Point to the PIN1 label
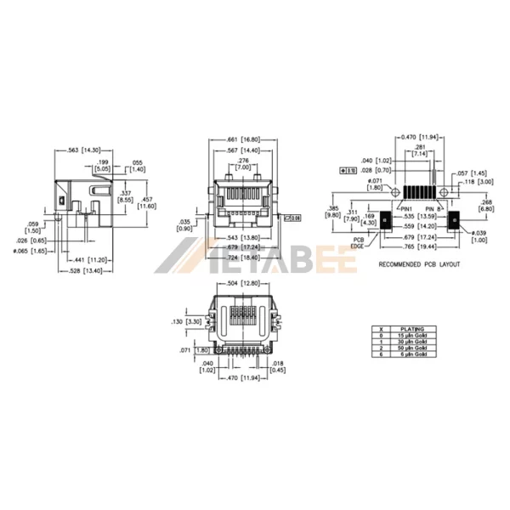point(407,207)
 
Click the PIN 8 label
point(432,207)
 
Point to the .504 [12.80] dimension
point(243,283)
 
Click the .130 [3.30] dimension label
point(185,322)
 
